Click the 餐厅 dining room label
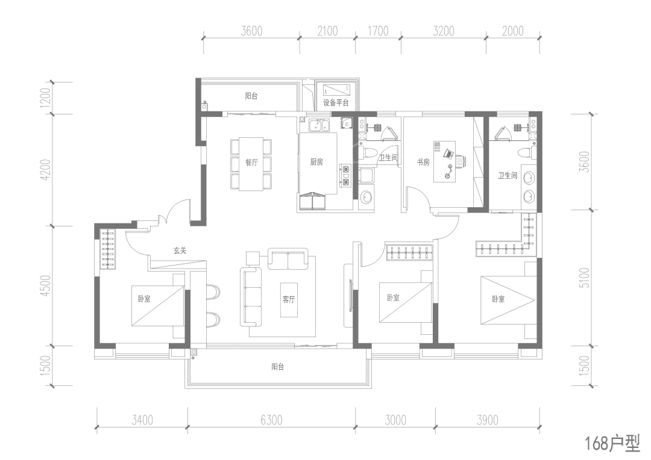pos(251,162)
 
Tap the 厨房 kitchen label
pos(316,162)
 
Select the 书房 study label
pos(423,162)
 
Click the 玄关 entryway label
pos(180,250)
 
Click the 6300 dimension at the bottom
pos(271,420)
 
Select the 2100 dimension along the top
pos(327,31)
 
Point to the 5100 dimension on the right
pos(582,278)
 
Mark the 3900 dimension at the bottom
pos(487,420)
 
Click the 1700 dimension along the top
pos(377,31)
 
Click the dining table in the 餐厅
pos(251,164)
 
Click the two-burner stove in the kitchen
pos(346,173)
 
